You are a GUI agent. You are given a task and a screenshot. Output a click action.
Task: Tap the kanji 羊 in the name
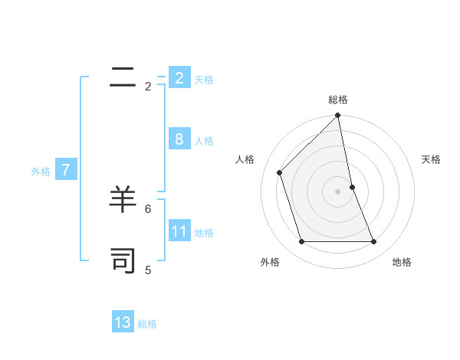click(123, 200)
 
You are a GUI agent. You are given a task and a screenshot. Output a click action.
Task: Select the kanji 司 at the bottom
click(123, 260)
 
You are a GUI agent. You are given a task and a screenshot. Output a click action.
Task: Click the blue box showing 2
click(179, 77)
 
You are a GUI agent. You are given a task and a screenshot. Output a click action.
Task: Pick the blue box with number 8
click(179, 139)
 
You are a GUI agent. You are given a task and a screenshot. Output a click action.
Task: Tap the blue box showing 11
click(179, 231)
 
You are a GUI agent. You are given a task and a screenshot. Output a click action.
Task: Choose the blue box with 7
click(66, 170)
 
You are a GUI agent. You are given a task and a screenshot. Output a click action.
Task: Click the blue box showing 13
click(123, 322)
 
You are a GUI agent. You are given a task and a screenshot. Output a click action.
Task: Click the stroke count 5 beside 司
click(148, 270)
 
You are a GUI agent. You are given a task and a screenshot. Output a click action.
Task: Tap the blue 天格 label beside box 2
click(204, 79)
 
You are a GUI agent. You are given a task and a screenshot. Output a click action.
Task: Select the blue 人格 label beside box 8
click(204, 141)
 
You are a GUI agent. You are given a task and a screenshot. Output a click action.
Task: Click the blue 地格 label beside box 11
click(204, 233)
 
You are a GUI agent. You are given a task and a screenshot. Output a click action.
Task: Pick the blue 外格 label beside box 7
click(41, 172)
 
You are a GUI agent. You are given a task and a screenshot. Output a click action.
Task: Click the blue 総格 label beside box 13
click(147, 324)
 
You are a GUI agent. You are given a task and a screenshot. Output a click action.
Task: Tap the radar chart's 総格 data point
click(338, 116)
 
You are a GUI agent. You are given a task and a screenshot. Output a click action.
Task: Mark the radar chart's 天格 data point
click(352, 187)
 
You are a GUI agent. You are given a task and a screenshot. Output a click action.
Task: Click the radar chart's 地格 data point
click(374, 241)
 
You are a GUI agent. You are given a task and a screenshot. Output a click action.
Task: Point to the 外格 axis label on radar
click(270, 262)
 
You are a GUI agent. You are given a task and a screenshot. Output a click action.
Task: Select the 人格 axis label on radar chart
click(245, 159)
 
